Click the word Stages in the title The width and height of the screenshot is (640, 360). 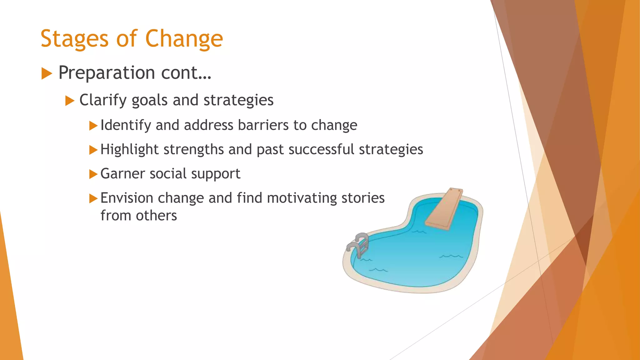74,39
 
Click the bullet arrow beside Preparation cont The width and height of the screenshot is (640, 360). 47,74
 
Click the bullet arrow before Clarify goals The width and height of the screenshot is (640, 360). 70,101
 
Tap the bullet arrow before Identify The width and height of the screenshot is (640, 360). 93,126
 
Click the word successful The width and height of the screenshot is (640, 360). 321,149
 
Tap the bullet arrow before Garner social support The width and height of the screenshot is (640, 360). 93,174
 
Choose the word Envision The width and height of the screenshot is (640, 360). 127,198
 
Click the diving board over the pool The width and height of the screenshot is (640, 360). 444,209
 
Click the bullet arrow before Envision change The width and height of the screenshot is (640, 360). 93,198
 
